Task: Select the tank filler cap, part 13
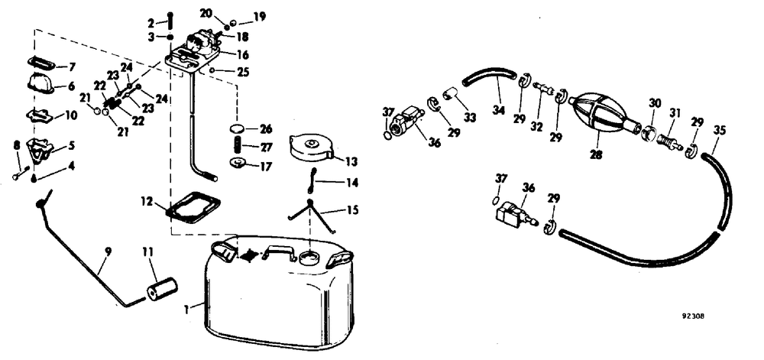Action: (311, 148)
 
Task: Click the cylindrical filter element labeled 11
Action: (160, 290)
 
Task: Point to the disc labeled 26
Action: (238, 128)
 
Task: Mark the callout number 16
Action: (243, 54)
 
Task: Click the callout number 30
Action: (655, 102)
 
